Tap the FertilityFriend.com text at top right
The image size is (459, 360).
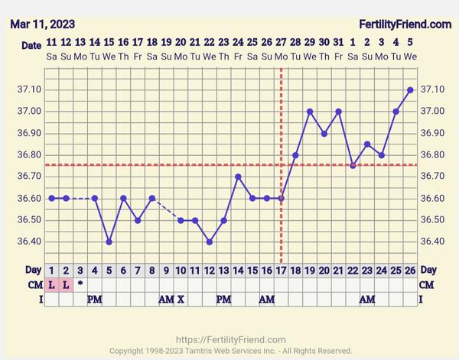(x=405, y=24)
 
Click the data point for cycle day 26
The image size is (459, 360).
(x=410, y=89)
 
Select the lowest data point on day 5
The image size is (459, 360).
(x=109, y=242)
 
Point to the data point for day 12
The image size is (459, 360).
(x=209, y=242)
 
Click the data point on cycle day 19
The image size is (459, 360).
(x=310, y=112)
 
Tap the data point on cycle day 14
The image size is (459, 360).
(x=238, y=177)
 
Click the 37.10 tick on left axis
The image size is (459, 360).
(x=29, y=89)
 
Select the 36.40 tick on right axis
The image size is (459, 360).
(x=432, y=242)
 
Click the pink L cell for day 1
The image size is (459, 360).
(x=51, y=284)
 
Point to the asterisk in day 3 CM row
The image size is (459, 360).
(x=80, y=284)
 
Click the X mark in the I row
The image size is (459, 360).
(x=181, y=299)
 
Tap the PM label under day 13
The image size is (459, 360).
(x=223, y=299)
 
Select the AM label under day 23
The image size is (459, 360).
(x=367, y=299)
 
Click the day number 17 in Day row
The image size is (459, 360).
(x=281, y=271)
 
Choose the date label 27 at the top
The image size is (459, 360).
(x=281, y=43)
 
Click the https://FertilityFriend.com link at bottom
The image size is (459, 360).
(x=230, y=339)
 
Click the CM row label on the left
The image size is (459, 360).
(x=31, y=284)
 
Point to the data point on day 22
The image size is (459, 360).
(x=353, y=165)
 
